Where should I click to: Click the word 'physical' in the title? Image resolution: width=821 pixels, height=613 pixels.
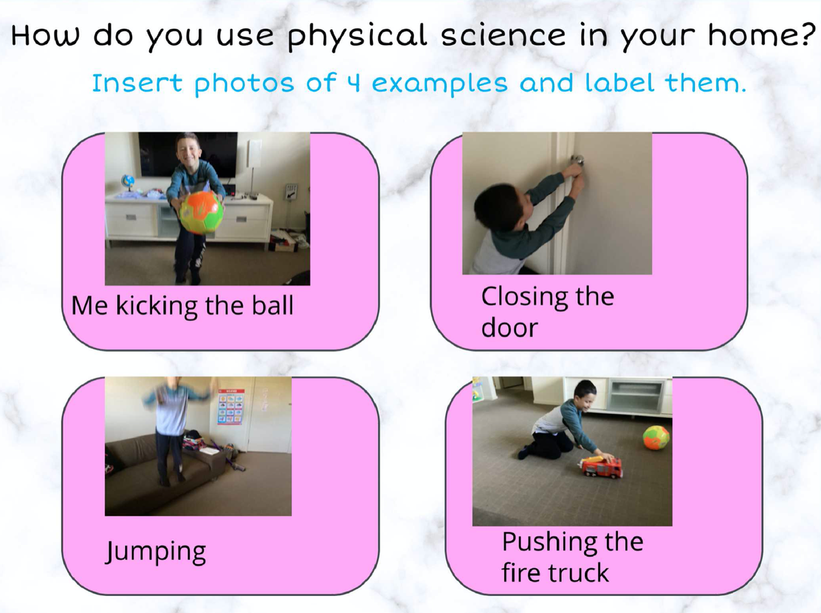pyautogui.click(x=358, y=36)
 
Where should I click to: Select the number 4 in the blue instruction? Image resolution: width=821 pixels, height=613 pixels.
pyautogui.click(x=354, y=83)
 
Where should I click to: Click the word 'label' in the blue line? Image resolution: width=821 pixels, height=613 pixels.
pyautogui.click(x=619, y=82)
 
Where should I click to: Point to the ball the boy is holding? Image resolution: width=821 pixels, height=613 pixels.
pyautogui.click(x=201, y=213)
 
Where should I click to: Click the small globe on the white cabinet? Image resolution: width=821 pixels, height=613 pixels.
pyautogui.click(x=127, y=183)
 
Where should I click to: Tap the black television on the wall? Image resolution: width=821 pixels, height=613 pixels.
pyautogui.click(x=187, y=155)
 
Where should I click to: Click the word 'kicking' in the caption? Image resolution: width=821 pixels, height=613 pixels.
pyautogui.click(x=157, y=306)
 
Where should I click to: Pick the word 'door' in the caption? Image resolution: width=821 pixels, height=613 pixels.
pyautogui.click(x=510, y=327)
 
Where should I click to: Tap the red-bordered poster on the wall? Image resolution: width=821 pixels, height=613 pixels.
pyautogui.click(x=231, y=406)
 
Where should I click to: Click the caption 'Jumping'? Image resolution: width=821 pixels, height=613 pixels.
pyautogui.click(x=156, y=551)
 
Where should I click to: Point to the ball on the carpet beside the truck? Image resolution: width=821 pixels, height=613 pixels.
pyautogui.click(x=656, y=437)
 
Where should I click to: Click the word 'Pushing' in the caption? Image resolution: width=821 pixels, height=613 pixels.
pyautogui.click(x=549, y=543)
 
